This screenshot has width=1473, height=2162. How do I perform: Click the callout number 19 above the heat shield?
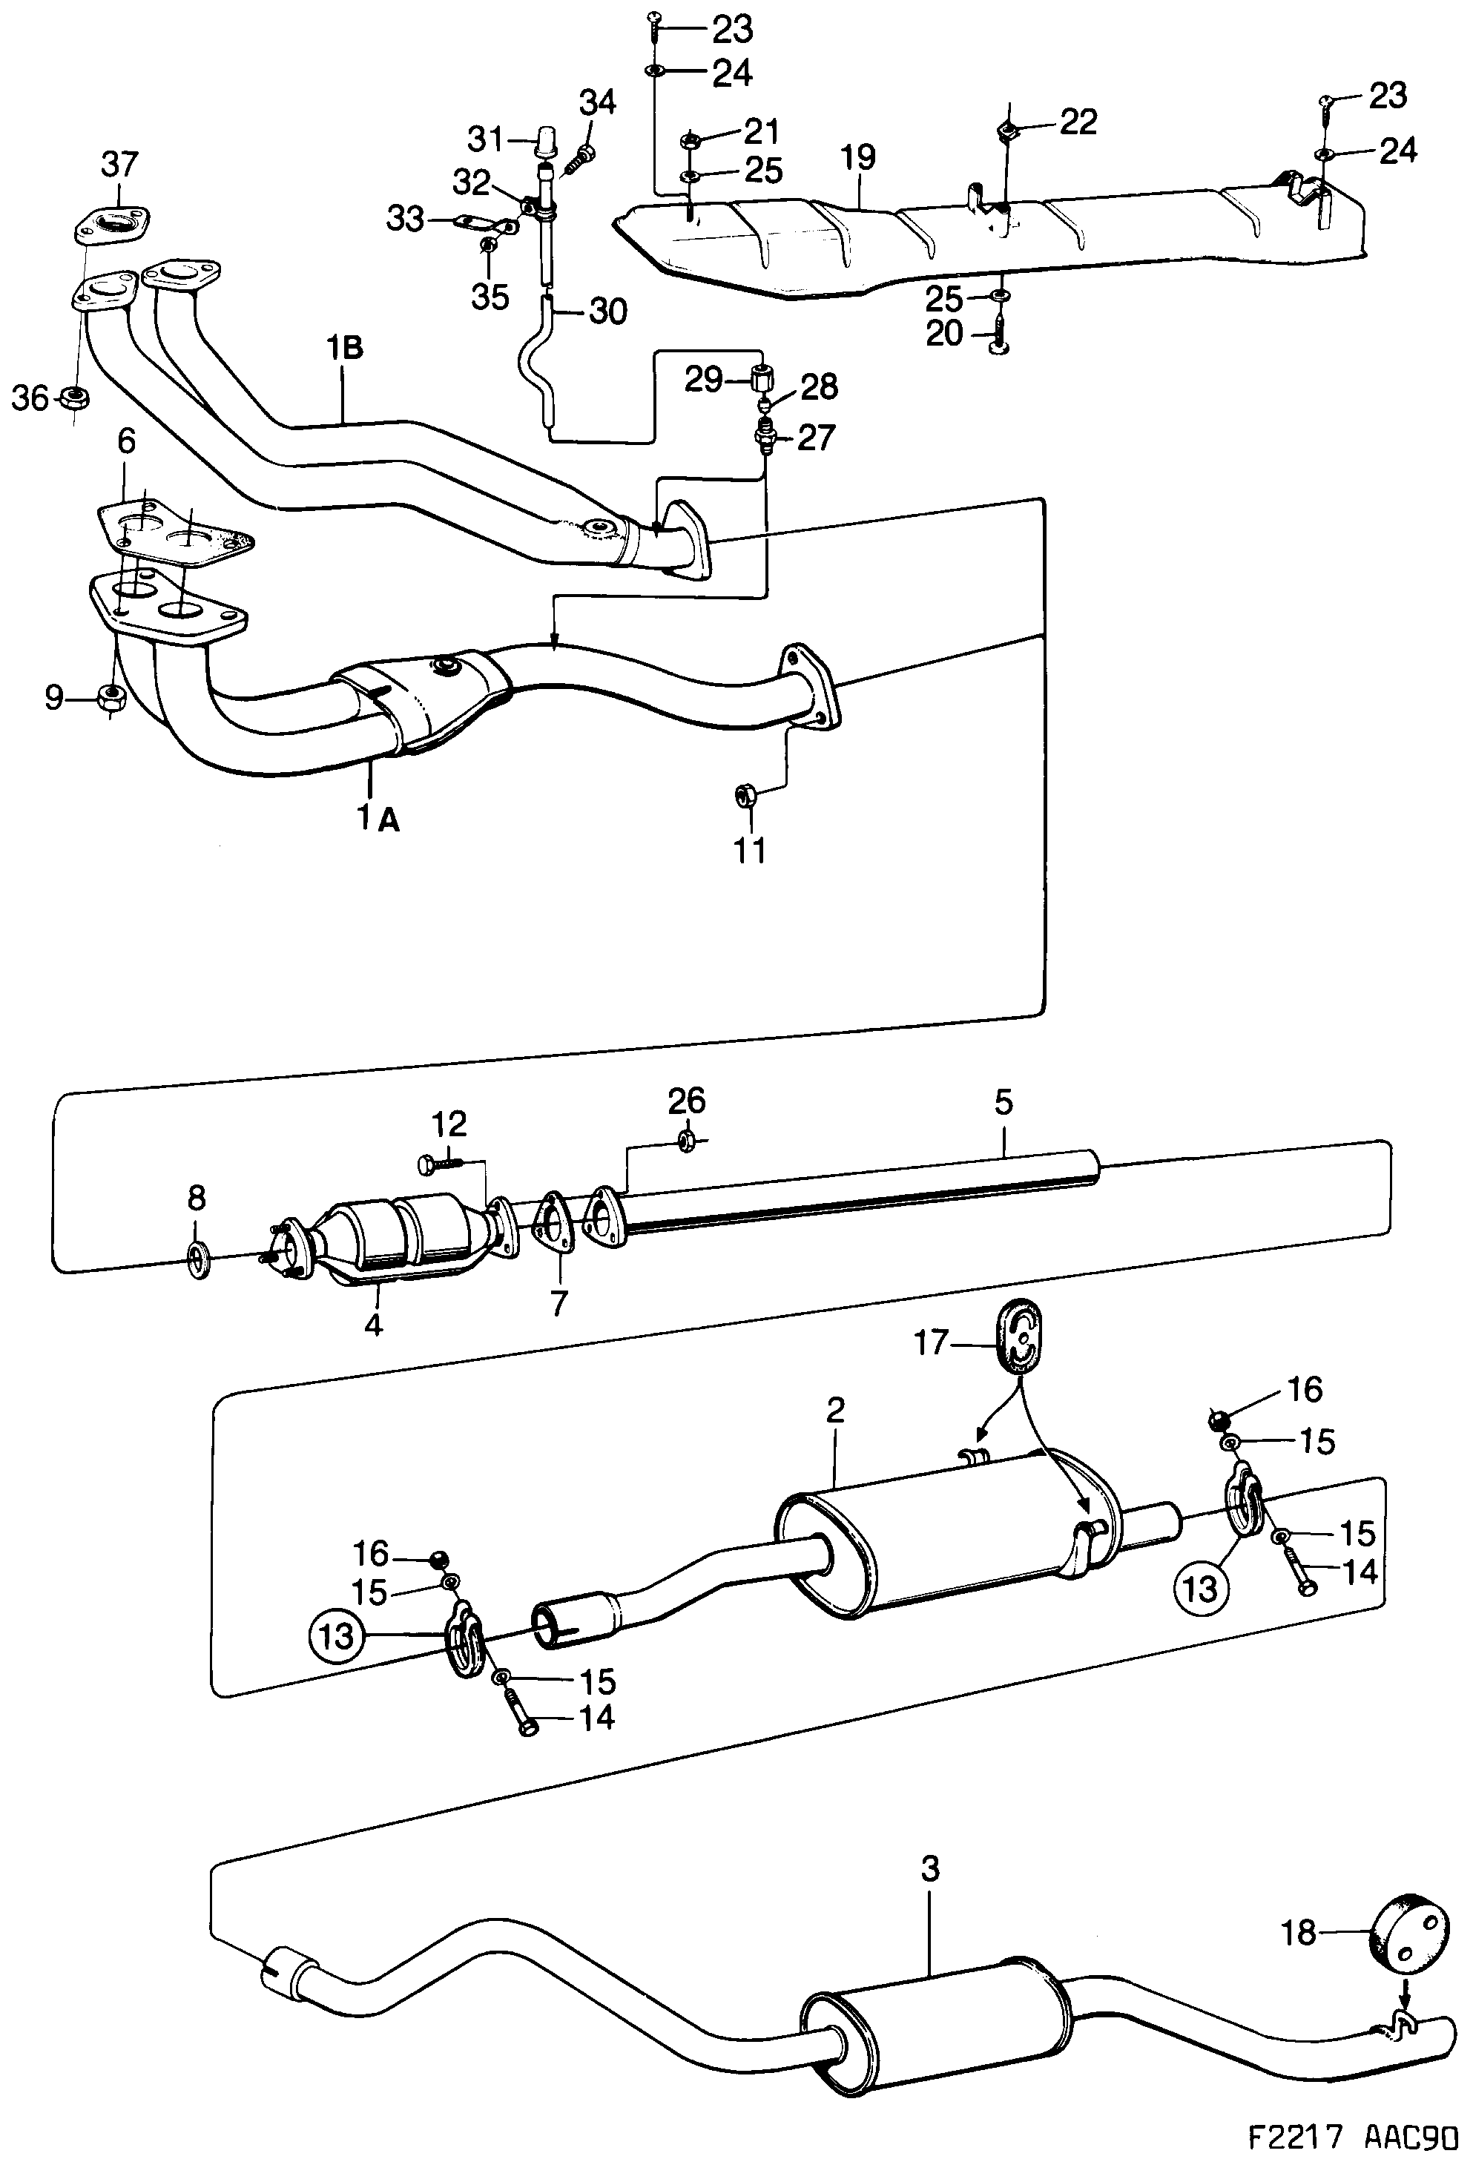pos(859,157)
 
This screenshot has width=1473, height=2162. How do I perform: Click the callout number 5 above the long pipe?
pos(1002,1102)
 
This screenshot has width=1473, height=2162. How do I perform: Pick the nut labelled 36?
pos(73,399)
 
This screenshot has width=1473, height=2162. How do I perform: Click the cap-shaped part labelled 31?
pos(544,142)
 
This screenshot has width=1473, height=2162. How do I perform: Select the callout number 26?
pos(687,1101)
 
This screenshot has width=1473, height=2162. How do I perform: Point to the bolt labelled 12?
pos(438,1162)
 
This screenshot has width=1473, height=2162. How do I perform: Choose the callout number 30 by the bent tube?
pos(607,312)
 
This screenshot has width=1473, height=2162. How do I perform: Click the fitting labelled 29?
pos(762,380)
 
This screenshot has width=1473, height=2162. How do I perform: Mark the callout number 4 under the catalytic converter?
pos(372,1325)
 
